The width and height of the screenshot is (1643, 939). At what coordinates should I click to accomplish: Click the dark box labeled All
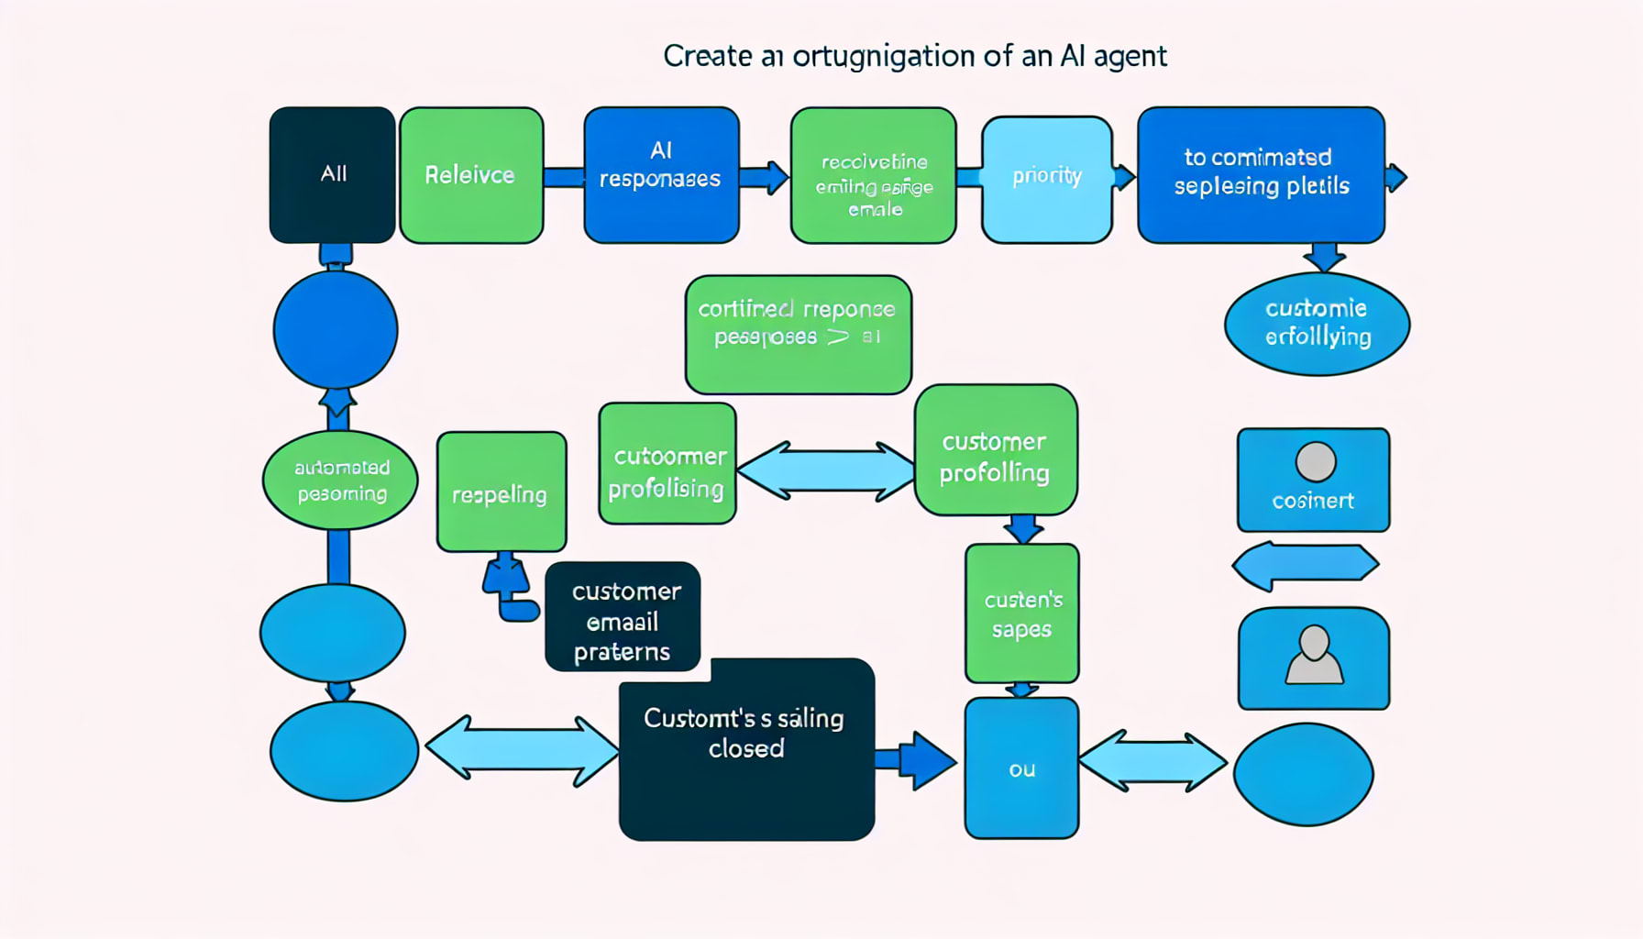coord(332,174)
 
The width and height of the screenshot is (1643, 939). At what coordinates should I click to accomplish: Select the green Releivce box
coord(471,174)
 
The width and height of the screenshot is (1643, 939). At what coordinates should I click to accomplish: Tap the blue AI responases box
coord(661,174)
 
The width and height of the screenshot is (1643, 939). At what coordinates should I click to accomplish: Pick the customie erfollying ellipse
coord(1317,324)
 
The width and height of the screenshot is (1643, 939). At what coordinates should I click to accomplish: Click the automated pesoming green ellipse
coord(340,481)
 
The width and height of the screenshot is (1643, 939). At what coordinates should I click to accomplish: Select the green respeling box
coord(501,492)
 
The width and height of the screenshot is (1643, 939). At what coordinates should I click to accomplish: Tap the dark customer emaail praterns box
coord(623,617)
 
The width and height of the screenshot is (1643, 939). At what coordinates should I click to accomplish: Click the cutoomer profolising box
coord(667,464)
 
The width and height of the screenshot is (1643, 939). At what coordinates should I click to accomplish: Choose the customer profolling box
coord(996,450)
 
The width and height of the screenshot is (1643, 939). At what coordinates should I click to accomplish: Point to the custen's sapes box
coord(1021,613)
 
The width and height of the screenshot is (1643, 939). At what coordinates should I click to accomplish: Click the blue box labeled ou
coord(1021,768)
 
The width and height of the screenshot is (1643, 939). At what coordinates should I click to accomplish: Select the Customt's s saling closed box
coord(746,748)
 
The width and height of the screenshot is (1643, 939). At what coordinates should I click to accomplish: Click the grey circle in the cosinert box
coord(1315,461)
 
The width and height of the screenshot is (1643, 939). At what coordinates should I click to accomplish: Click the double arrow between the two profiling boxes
coord(826,471)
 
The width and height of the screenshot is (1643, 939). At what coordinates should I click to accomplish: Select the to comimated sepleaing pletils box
coord(1261,174)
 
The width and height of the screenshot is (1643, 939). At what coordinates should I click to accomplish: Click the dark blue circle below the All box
coord(336,329)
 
